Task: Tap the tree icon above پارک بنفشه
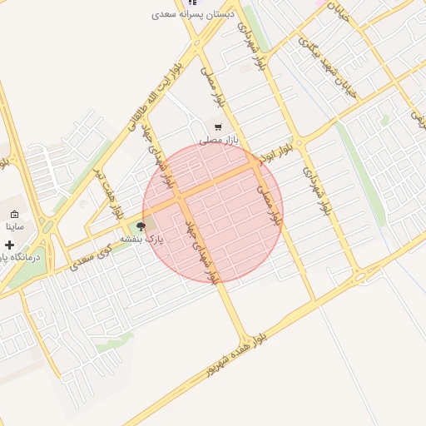click(140, 226)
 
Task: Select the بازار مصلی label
click(218, 141)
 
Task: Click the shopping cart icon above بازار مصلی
click(217, 127)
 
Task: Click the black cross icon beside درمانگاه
click(8, 245)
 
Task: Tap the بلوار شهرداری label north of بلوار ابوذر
click(252, 45)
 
